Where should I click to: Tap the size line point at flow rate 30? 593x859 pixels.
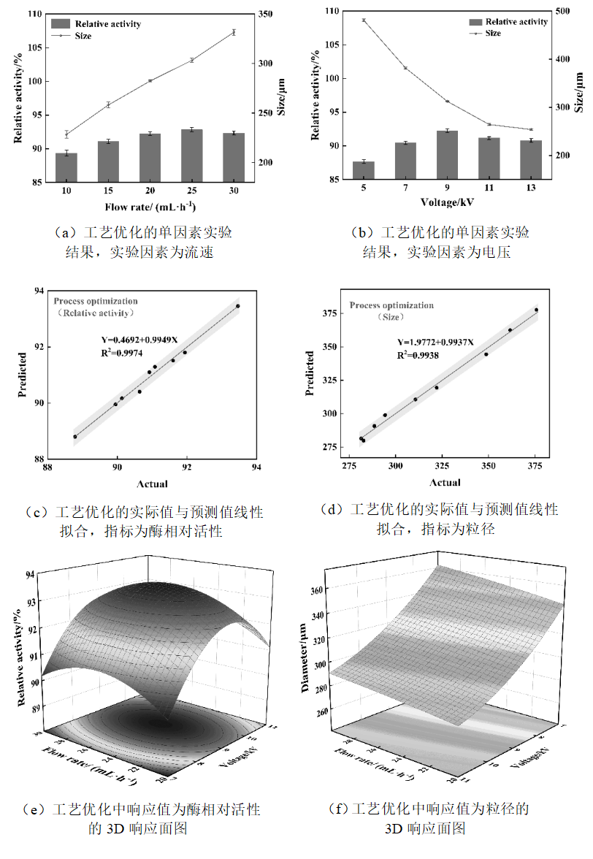tap(234, 32)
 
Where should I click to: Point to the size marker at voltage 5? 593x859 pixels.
tap(363, 20)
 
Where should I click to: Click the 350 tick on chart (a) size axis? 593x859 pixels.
tap(264, 14)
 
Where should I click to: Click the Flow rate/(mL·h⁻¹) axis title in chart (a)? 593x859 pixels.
tap(149, 207)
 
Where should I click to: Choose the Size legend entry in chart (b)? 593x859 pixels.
tap(493, 33)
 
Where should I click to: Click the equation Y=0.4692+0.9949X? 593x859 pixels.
tap(139, 339)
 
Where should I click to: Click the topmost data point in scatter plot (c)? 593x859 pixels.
tap(238, 306)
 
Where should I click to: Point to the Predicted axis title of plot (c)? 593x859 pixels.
tap(23, 375)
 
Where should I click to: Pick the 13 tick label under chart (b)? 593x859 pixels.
tap(530, 188)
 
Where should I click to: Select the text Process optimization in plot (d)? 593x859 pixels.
tap(391, 305)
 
